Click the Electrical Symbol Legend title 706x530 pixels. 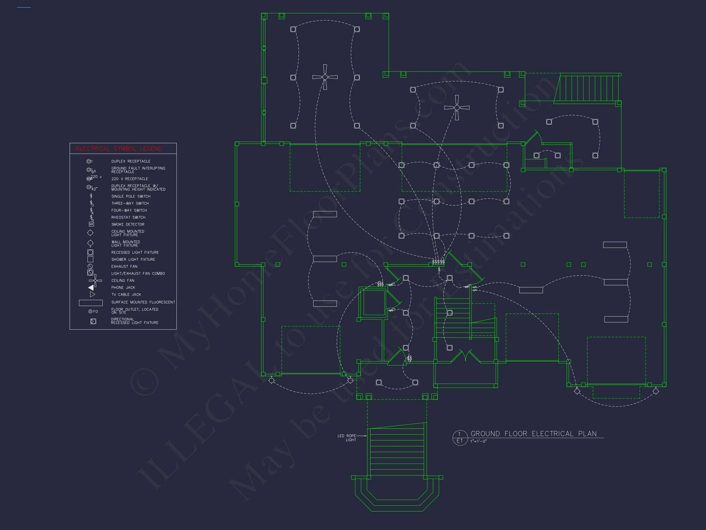click(119, 148)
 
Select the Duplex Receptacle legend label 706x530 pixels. click(131, 161)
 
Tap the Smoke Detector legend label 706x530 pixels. click(128, 225)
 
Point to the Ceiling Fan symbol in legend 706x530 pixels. click(95, 281)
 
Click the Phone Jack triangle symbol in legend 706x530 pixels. click(91, 287)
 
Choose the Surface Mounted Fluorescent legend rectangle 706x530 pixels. click(91, 302)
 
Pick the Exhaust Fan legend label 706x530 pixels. click(124, 267)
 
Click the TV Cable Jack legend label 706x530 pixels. click(126, 294)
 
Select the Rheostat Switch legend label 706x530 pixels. click(128, 217)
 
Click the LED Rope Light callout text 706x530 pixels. click(347, 438)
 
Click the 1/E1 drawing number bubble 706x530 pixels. click(460, 438)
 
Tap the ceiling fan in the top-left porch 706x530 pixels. click(325, 77)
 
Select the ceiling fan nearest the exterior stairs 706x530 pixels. click(457, 108)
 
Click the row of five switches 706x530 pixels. click(438, 262)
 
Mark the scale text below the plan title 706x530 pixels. click(478, 441)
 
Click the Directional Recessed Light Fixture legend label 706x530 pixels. click(135, 321)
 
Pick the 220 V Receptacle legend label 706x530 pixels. click(130, 179)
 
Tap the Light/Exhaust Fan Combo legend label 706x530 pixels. click(138, 274)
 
